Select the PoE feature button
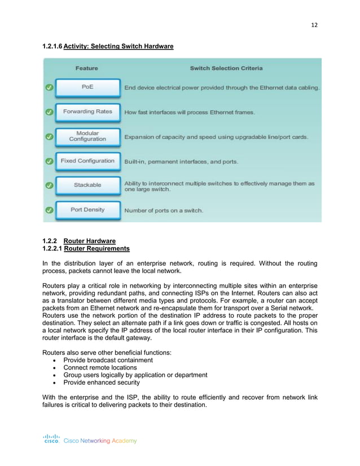pos(87,87)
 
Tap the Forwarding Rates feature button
pos(87,112)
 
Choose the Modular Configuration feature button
pos(87,137)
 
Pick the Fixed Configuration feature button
pos(87,161)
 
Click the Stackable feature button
pos(87,185)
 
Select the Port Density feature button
pos(87,210)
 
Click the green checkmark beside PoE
pos(49,88)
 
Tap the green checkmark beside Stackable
pos(49,186)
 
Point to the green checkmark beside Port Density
pos(49,210)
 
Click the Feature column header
pos(86,68)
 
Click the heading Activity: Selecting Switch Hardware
pos(118,46)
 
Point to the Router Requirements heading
pos(96,248)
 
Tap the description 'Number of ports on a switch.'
pos(164,210)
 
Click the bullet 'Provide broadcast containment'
pos(108,360)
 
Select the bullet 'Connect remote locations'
pos(100,367)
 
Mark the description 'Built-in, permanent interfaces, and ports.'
pos(181,161)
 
